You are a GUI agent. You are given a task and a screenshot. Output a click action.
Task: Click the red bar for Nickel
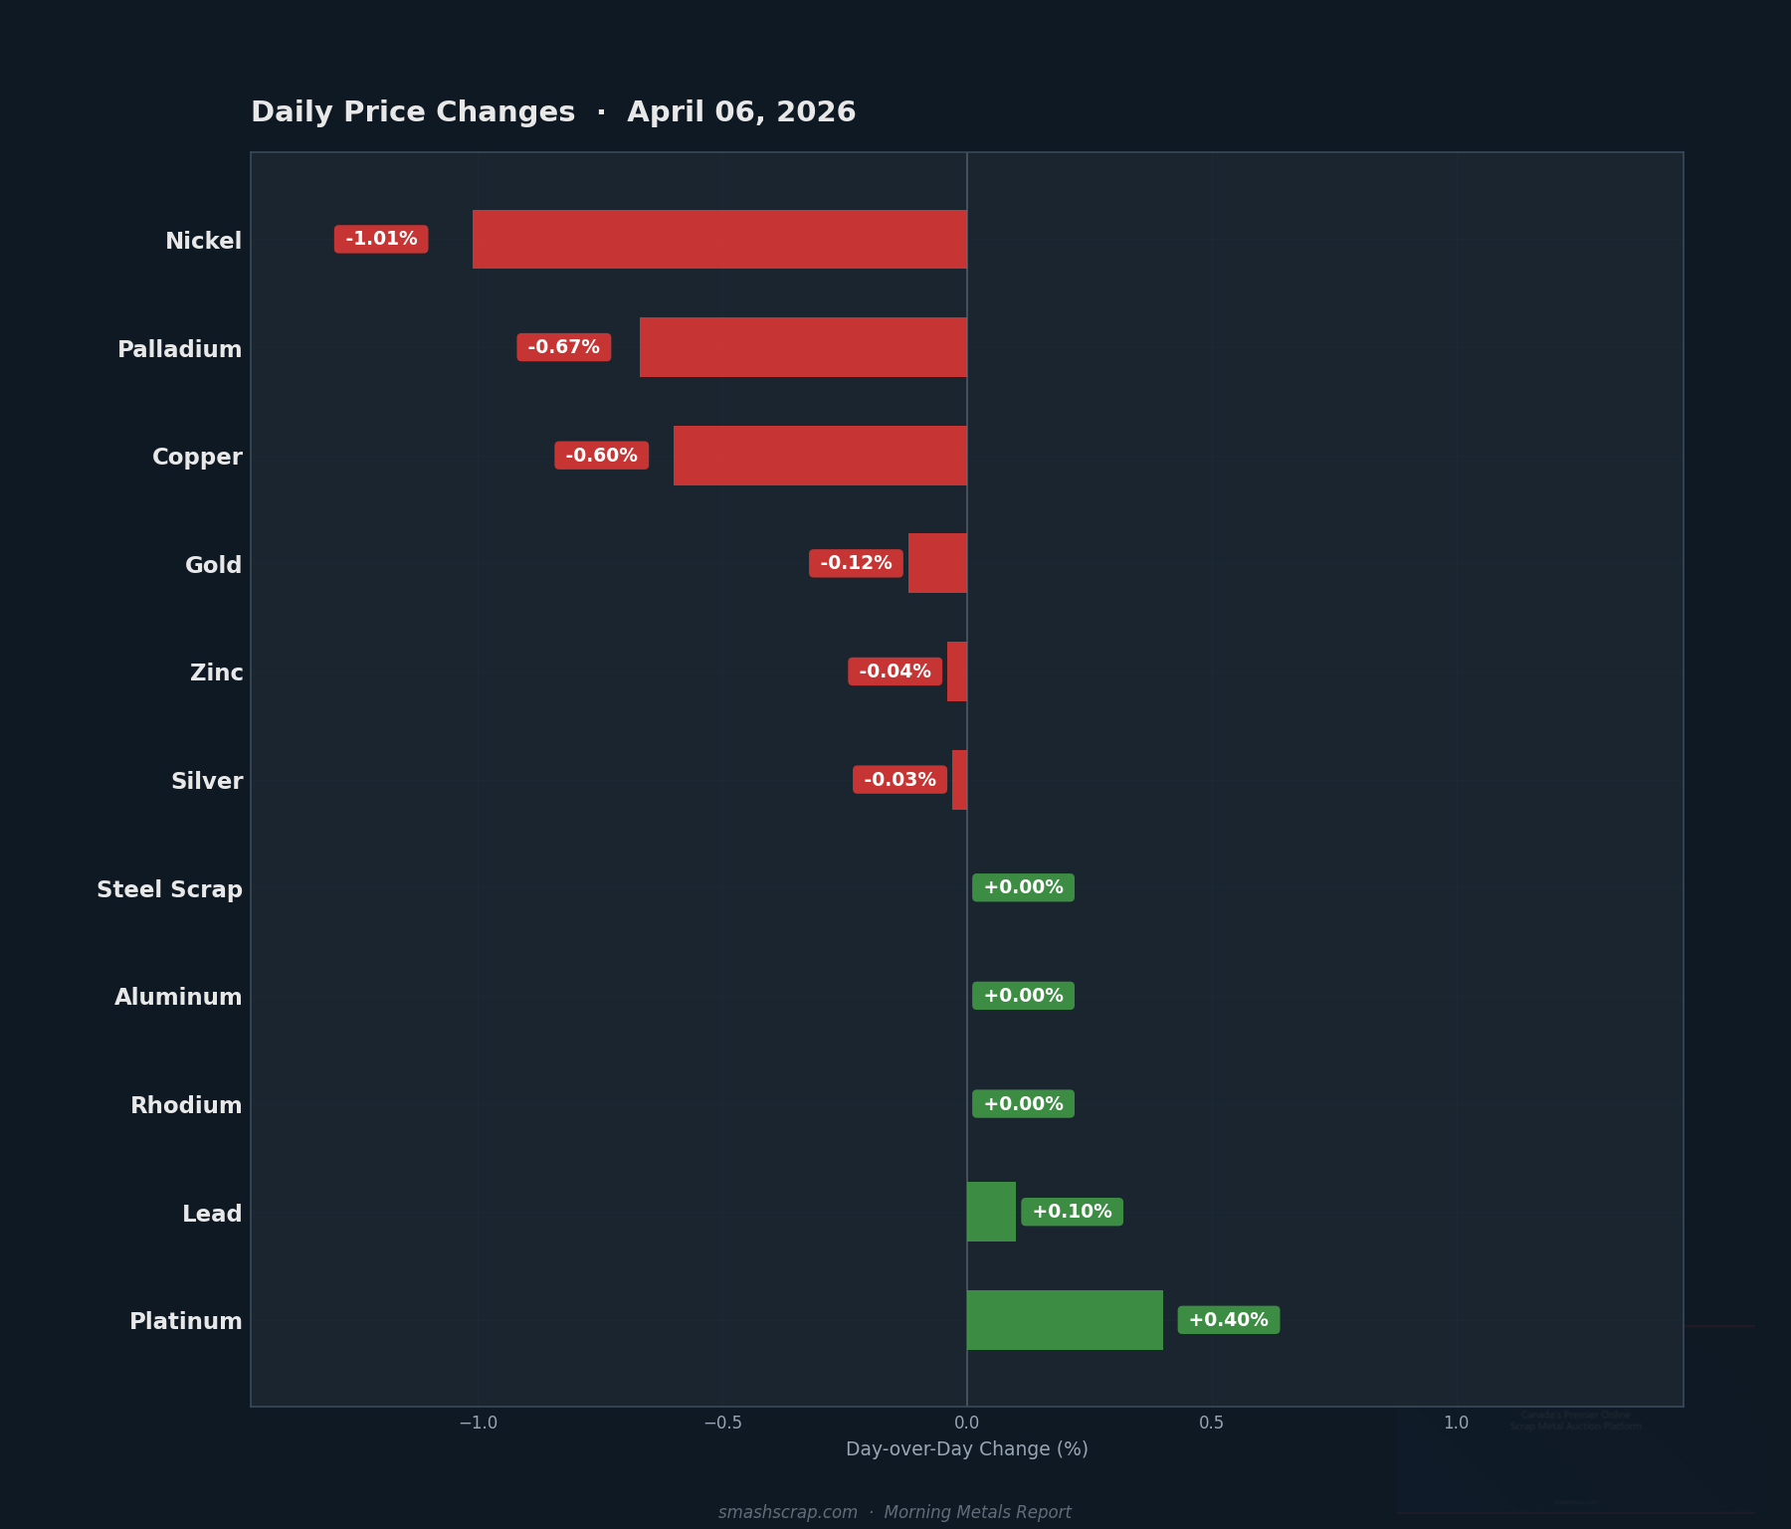pyautogui.click(x=719, y=240)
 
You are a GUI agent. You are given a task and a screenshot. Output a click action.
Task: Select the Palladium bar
pyautogui.click(x=803, y=347)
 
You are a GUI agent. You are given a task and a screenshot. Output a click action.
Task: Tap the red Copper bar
pyautogui.click(x=820, y=456)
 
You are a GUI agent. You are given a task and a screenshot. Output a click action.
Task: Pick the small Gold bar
pyautogui.click(x=937, y=563)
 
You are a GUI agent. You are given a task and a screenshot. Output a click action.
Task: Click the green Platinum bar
pyautogui.click(x=1065, y=1320)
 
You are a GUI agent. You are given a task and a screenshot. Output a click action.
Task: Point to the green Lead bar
pyautogui.click(x=991, y=1212)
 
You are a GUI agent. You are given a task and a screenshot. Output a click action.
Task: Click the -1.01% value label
pyautogui.click(x=381, y=240)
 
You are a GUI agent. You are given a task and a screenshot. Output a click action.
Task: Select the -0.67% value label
pyautogui.click(x=563, y=347)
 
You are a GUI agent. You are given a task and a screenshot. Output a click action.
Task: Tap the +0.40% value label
pyautogui.click(x=1228, y=1320)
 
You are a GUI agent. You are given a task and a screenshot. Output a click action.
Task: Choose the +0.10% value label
pyautogui.click(x=1072, y=1212)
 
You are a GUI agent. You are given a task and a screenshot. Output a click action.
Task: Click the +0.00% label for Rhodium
pyautogui.click(x=1023, y=1104)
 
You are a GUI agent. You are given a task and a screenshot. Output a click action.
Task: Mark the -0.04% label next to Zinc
pyautogui.click(x=895, y=671)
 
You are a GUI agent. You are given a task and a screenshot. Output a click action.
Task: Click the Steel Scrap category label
pyautogui.click(x=169, y=889)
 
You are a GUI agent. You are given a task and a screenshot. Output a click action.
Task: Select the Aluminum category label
pyautogui.click(x=178, y=997)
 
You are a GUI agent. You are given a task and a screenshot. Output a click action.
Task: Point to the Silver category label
pyautogui.click(x=207, y=781)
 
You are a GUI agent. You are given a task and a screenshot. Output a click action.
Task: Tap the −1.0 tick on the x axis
pyautogui.click(x=478, y=1424)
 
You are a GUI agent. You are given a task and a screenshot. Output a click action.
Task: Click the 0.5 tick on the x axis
pyautogui.click(x=1211, y=1424)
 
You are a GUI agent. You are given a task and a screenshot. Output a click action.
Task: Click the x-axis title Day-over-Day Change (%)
pyautogui.click(x=966, y=1449)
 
